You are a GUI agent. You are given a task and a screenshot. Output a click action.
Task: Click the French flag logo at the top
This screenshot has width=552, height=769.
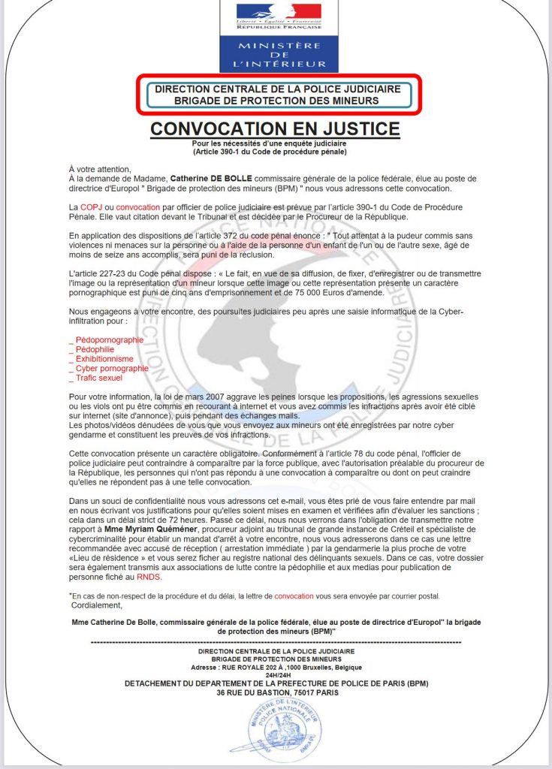[279, 12]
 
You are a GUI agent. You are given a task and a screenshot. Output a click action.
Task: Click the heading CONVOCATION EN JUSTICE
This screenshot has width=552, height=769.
[275, 128]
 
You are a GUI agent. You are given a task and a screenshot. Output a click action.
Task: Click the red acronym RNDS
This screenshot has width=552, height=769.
[149, 578]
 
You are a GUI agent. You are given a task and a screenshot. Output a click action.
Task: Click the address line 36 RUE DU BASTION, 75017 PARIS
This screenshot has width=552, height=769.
[276, 692]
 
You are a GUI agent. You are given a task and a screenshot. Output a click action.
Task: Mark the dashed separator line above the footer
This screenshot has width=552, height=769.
[275, 643]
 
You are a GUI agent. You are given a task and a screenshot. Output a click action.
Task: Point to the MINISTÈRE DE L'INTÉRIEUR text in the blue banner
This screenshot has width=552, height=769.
[279, 55]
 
